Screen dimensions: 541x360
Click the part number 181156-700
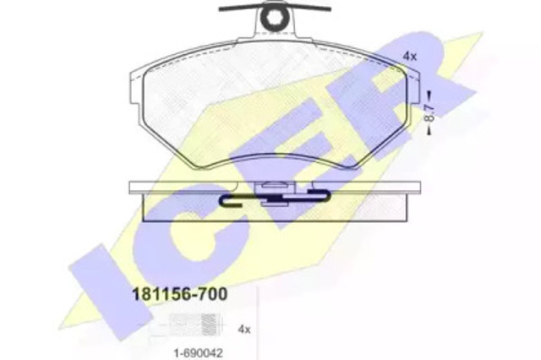click(180, 294)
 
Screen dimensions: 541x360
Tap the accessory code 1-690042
click(198, 352)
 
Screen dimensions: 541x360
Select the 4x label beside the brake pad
click(410, 57)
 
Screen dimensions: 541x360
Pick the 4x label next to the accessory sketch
click(244, 330)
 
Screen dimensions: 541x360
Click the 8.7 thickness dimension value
click(429, 112)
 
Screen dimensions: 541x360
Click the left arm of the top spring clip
click(241, 8)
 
